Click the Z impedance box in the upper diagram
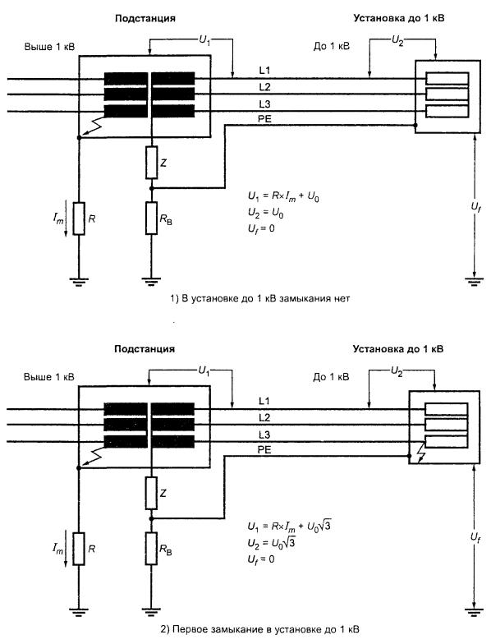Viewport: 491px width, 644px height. pyautogui.click(x=151, y=163)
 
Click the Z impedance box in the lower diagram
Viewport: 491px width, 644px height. pyautogui.click(x=151, y=493)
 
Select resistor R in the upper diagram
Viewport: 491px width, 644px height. pyautogui.click(x=79, y=218)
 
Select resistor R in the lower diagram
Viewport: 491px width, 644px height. pyautogui.click(x=79, y=549)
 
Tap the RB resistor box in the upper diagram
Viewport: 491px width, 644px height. pyautogui.click(x=151, y=218)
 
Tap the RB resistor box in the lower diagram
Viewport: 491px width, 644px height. pyautogui.click(x=151, y=549)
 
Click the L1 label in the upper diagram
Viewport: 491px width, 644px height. pyautogui.click(x=264, y=71)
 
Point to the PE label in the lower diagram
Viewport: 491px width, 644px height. pyautogui.click(x=264, y=450)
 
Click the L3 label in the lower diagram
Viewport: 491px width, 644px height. pyautogui.click(x=264, y=435)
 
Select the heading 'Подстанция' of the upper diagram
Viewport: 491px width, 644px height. pyautogui.click(x=145, y=18)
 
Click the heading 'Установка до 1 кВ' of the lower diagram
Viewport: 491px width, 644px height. pyautogui.click(x=398, y=349)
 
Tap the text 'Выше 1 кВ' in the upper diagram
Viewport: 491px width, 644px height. pyautogui.click(x=49, y=46)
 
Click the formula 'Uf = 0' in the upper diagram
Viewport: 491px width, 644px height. pyautogui.click(x=261, y=228)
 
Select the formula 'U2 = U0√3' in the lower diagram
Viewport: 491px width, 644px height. pyautogui.click(x=271, y=543)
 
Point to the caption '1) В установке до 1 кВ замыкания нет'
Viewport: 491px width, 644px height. pyautogui.click(x=259, y=299)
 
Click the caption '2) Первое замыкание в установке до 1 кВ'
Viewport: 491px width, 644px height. pyautogui.click(x=259, y=629)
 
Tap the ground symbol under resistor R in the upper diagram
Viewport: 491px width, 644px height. pyautogui.click(x=79, y=281)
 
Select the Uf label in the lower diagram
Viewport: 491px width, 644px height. pyautogui.click(x=475, y=537)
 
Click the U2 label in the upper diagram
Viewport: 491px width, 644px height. pyautogui.click(x=397, y=41)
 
